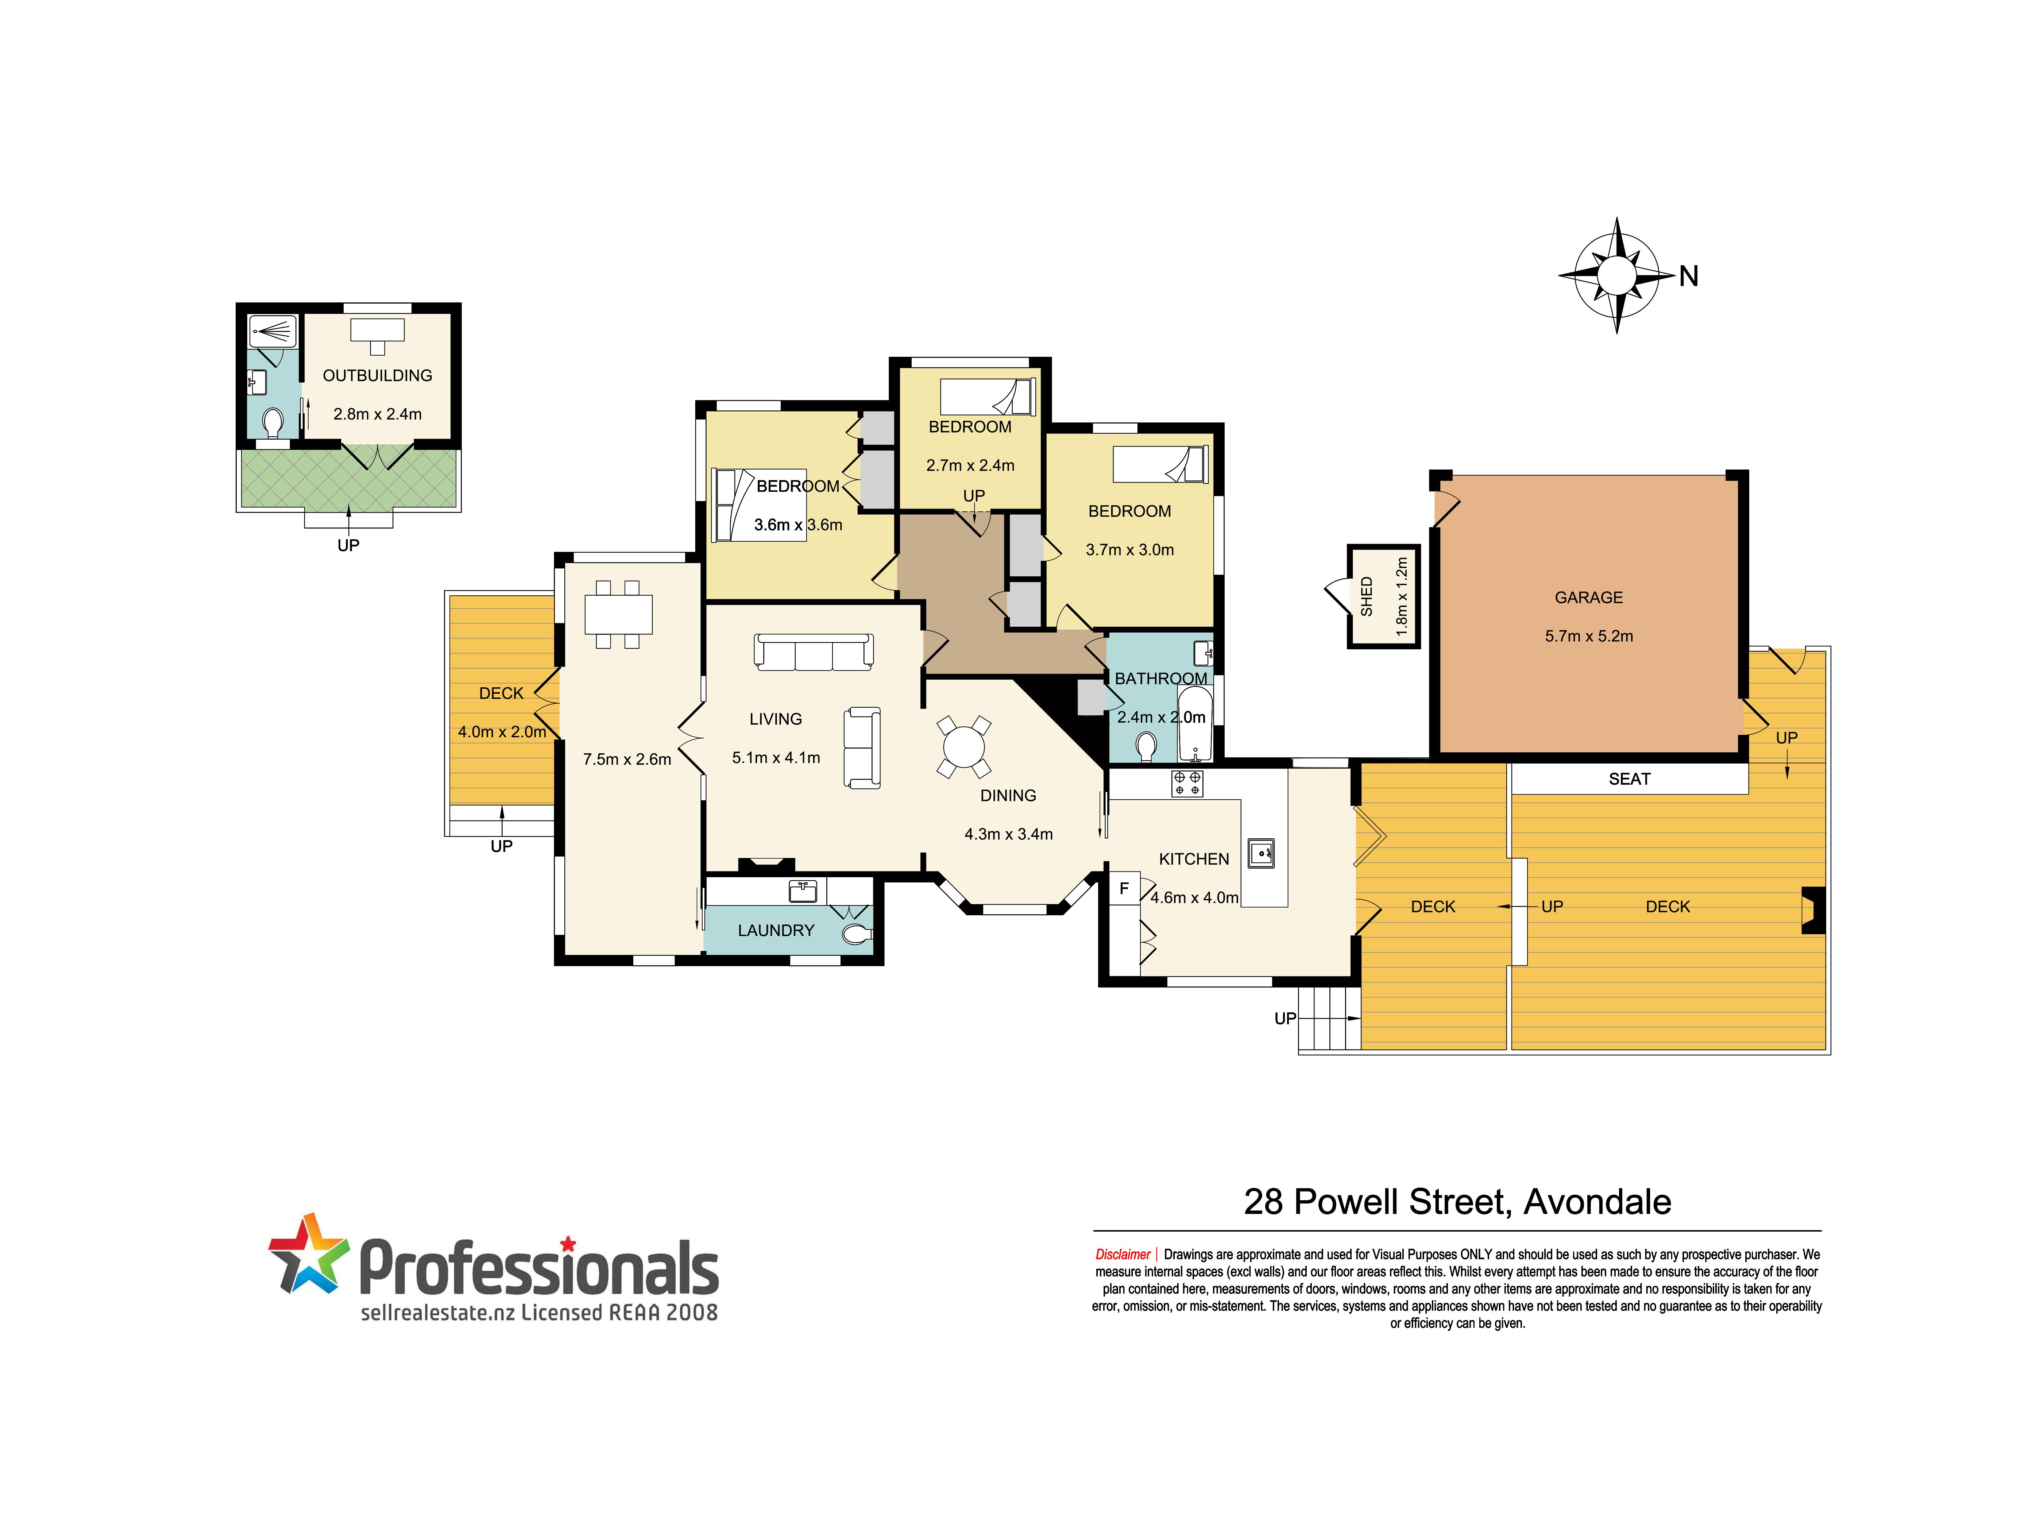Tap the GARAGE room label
point(1588,598)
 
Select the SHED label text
point(1367,596)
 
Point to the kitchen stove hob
point(1187,783)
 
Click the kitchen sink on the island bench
point(1261,853)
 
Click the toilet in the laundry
point(857,934)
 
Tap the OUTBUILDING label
point(377,375)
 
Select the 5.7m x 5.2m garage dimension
point(1588,636)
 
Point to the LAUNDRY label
point(776,931)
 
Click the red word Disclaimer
point(1123,1254)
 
